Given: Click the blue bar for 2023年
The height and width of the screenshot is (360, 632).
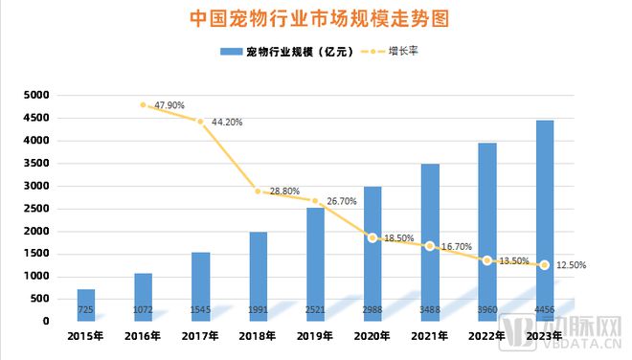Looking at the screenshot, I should point(544,220).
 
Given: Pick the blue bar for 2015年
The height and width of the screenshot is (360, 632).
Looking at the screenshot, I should point(86,304).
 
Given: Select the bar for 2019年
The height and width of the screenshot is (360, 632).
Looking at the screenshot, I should point(315,263).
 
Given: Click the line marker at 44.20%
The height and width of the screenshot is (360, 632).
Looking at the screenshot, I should point(200,122).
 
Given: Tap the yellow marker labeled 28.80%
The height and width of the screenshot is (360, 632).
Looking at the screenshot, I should point(258,191).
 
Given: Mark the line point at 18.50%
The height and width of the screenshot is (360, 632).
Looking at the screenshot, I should point(372,237).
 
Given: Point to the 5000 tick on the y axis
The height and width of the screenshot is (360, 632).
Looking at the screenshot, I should point(35,96).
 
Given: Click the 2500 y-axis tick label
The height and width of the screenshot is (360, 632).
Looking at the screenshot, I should point(35,209).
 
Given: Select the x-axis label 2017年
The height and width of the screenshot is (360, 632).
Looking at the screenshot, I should point(200,337).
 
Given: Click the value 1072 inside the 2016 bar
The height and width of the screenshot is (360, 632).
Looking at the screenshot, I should point(143,311).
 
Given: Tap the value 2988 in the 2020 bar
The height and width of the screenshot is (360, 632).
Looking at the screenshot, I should point(372,311).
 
